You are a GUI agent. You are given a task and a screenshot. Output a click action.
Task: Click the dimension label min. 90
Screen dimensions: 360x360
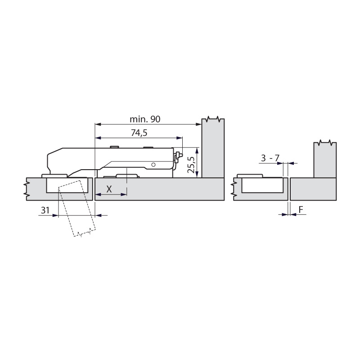coord(145,120)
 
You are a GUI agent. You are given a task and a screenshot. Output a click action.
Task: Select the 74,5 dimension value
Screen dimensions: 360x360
coord(139,133)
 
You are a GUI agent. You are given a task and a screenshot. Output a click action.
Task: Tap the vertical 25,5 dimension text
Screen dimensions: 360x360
coord(191,165)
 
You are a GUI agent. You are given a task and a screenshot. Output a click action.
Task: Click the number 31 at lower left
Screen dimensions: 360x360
coord(45,210)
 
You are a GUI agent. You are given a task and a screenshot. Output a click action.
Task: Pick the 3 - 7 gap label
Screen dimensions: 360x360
coord(270,157)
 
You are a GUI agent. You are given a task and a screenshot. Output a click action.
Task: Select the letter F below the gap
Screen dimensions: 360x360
coord(300,210)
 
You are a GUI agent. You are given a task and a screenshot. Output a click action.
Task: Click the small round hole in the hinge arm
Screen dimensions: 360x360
coord(154,165)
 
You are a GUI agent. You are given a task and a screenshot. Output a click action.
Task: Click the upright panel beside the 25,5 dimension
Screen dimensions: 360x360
coord(213,148)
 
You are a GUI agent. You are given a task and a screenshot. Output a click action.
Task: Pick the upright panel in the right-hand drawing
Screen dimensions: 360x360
coord(325,160)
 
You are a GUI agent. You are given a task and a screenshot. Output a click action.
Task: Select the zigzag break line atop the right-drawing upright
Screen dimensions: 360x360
coord(325,143)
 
